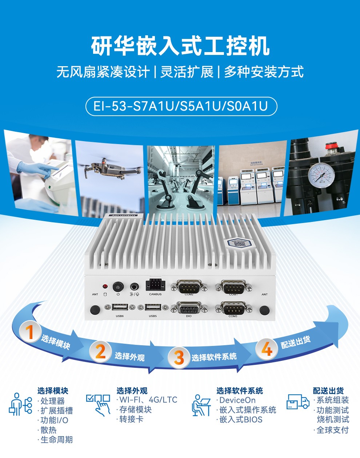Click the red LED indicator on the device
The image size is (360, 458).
[105, 286]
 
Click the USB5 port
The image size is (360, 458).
[153, 308]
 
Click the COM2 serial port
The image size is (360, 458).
[189, 286]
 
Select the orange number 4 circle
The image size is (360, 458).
[267, 349]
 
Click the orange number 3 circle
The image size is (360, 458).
[179, 357]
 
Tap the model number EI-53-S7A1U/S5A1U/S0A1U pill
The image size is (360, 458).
[181, 106]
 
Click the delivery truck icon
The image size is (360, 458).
[297, 402]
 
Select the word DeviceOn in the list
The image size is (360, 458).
[237, 400]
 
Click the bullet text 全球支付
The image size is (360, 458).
[332, 430]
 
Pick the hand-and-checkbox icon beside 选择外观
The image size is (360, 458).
[98, 404]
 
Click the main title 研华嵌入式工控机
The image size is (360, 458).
[180, 46]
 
